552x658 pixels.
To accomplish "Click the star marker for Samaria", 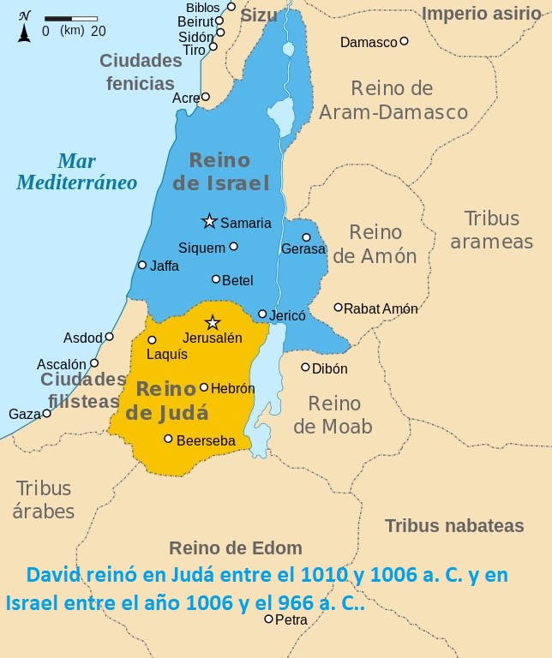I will coord(209,221).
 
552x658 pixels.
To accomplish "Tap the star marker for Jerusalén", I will coord(213,323).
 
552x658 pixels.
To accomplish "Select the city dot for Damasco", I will coord(404,41).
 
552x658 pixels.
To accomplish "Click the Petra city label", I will coord(291,619).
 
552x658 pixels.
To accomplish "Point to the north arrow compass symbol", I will coord(24,27).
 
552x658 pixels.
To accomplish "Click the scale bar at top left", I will coord(71,18).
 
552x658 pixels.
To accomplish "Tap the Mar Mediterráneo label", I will coord(77,171).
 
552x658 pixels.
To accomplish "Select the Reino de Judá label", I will coord(168,400).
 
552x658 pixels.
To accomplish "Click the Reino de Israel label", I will coord(220,171).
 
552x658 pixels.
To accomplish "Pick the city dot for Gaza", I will coord(46,413).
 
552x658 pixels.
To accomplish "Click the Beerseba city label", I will coord(206,440).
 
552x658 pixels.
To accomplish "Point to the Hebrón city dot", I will coord(204,387).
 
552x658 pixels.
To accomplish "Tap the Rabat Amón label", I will coord(381,308).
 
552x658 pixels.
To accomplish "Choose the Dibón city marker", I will coord(305,368).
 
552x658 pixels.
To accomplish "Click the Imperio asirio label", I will coord(482,13).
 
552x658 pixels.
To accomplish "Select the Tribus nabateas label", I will coord(453,526).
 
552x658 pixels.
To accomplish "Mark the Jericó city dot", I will coord(262,314).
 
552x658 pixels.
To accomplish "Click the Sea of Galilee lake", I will coord(281,114).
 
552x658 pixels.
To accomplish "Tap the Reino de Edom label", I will coord(236,548).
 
